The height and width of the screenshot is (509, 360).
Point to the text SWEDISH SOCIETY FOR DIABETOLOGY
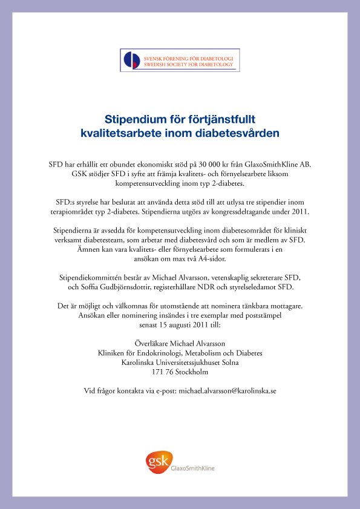[188, 63]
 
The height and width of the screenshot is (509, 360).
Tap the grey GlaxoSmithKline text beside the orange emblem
[193, 468]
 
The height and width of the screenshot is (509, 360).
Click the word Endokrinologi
[165, 353]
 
